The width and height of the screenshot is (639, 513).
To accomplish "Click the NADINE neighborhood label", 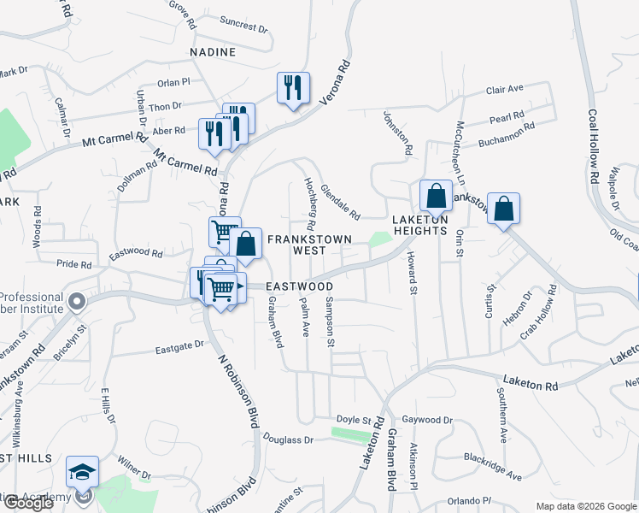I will point(213,52).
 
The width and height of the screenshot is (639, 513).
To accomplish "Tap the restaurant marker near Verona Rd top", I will point(293,87).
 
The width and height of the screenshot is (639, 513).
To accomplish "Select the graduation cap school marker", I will point(83,472).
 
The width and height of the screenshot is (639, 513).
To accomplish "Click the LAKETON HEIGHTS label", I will point(419,225).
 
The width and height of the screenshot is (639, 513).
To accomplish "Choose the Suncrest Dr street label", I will point(243,24).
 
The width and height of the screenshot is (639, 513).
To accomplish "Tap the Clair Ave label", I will point(504,89).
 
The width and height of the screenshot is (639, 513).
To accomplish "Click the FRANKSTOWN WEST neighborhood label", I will point(296,245).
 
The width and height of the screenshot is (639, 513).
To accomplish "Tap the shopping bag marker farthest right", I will point(504,209).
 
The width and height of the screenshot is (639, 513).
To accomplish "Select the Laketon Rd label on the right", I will point(530,384).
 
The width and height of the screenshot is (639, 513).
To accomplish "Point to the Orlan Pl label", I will point(173,83).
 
